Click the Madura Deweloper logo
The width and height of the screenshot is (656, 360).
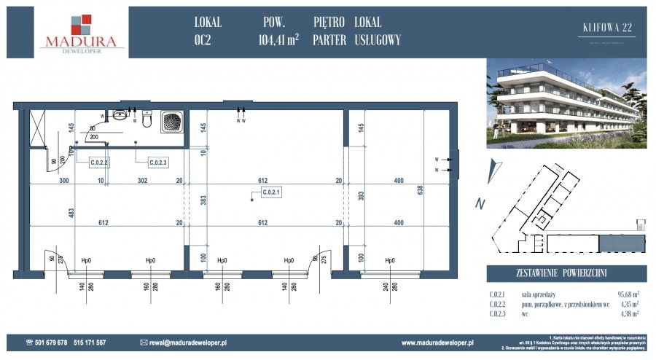pos(81,33)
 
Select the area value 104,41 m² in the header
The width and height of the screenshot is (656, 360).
pos(278,41)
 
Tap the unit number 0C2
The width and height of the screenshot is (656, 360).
pos(204,41)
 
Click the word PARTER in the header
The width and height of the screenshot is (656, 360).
pos(329,41)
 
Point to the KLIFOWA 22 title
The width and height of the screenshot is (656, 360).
pos(608,28)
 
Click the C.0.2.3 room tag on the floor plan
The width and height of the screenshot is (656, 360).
pos(157,163)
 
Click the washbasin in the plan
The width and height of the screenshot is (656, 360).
pos(120,115)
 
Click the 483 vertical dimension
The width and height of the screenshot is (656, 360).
pos(71,213)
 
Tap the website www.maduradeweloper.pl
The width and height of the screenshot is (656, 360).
pos(438,342)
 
